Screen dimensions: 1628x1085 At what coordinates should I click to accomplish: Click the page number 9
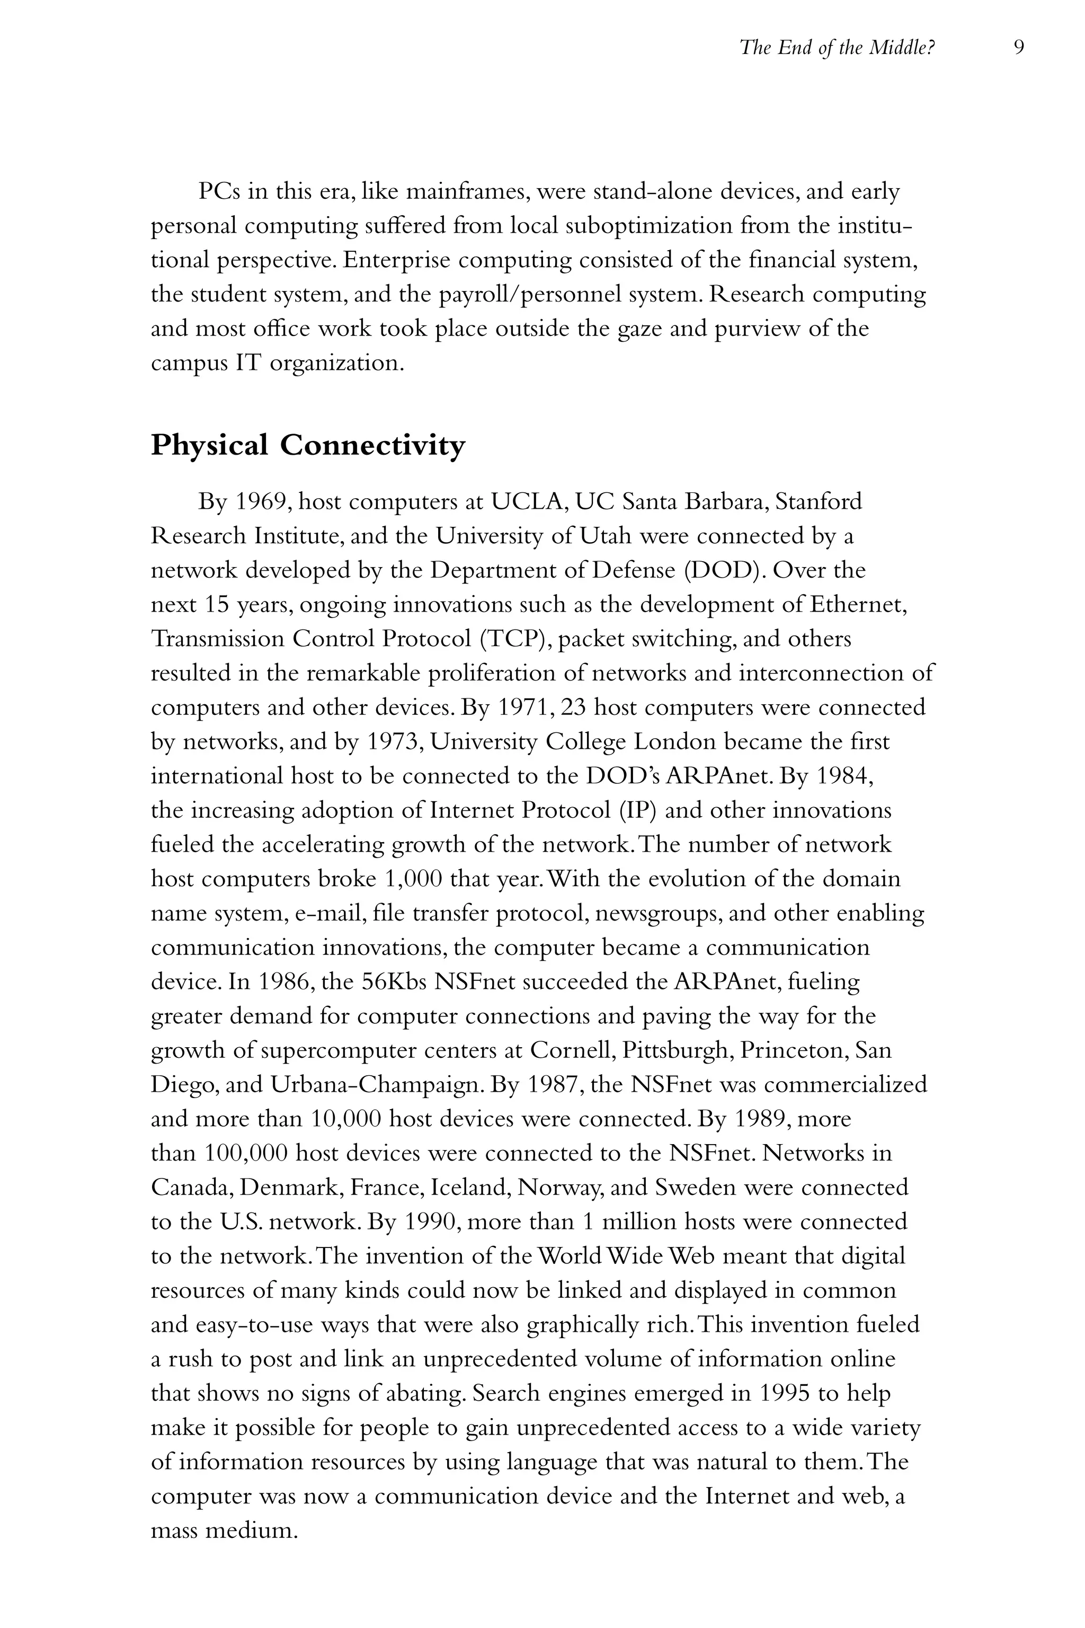[x=1018, y=47]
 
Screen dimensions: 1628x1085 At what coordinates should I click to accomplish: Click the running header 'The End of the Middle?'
[x=837, y=48]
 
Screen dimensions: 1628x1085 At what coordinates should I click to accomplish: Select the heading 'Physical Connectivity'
[x=308, y=445]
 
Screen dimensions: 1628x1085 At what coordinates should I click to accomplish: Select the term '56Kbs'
[x=401, y=982]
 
